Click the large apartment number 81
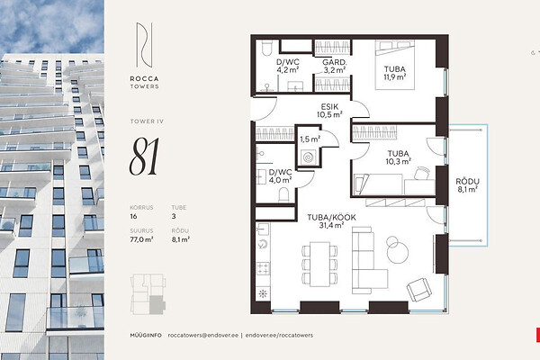pyautogui.click(x=144, y=156)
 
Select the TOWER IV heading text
pyautogui.click(x=147, y=121)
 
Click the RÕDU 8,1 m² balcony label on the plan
pyautogui.click(x=467, y=185)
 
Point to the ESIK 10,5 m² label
pyautogui.click(x=329, y=111)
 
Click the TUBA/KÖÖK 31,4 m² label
pyautogui.click(x=331, y=221)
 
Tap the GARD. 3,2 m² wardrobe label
pyautogui.click(x=335, y=66)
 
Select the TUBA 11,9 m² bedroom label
pyautogui.click(x=395, y=73)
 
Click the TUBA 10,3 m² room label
pyautogui.click(x=399, y=157)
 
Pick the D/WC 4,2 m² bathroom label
pyautogui.click(x=288, y=66)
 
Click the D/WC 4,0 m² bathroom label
pyautogui.click(x=280, y=176)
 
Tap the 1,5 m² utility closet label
pyautogui.click(x=310, y=139)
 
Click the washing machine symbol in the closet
pyautogui.click(x=309, y=157)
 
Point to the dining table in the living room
pyautogui.click(x=319, y=265)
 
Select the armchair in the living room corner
pyautogui.click(x=419, y=290)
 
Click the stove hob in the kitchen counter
pyautogui.click(x=263, y=269)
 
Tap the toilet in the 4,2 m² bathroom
pyautogui.click(x=267, y=48)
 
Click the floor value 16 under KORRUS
pyautogui.click(x=133, y=216)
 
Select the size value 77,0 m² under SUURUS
pyautogui.click(x=141, y=239)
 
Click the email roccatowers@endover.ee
pyautogui.click(x=203, y=335)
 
